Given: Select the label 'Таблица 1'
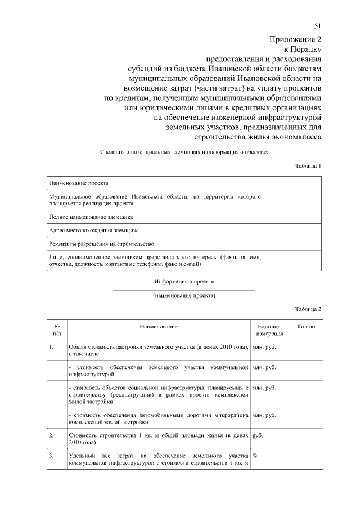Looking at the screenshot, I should pos(308,166).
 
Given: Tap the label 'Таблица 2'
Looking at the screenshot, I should pos(308,309).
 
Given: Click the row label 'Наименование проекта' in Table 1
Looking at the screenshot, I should pos(79,183).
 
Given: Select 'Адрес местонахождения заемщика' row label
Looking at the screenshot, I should pos(94,230).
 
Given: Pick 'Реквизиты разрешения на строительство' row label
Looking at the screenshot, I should pos(102,244).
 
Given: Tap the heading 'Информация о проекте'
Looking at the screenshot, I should pos(184,281).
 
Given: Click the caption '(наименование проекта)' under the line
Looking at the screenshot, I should pos(184,295).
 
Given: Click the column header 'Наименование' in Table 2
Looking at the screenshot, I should pos(159,327).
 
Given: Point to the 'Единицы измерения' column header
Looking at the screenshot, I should pos(270,330).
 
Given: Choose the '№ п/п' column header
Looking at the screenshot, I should pos(57,330).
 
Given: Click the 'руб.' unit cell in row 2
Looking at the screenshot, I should pos(259,435).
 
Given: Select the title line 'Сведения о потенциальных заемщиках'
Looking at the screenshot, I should pos(184,152).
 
